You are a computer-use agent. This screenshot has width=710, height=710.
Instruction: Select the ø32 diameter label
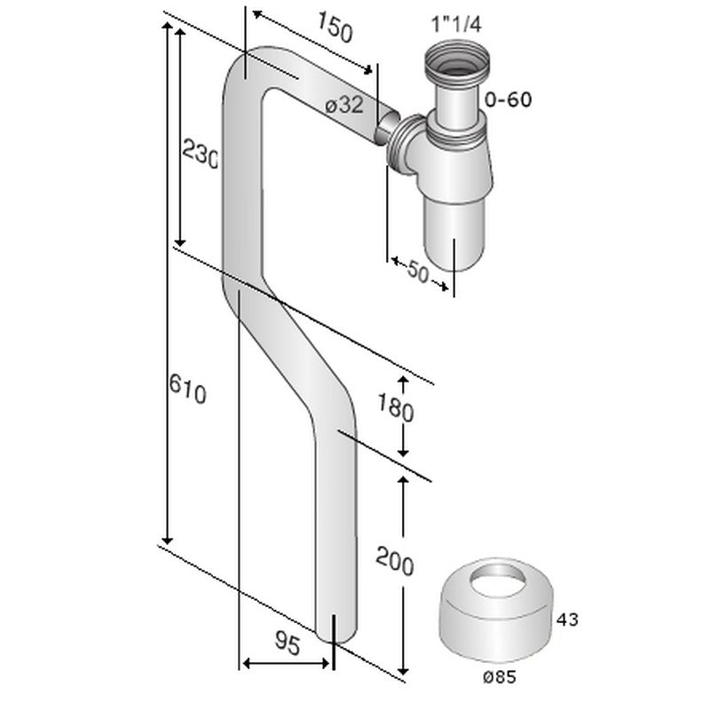coord(344,105)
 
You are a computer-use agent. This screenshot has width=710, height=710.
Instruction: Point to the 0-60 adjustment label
coord(509,100)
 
